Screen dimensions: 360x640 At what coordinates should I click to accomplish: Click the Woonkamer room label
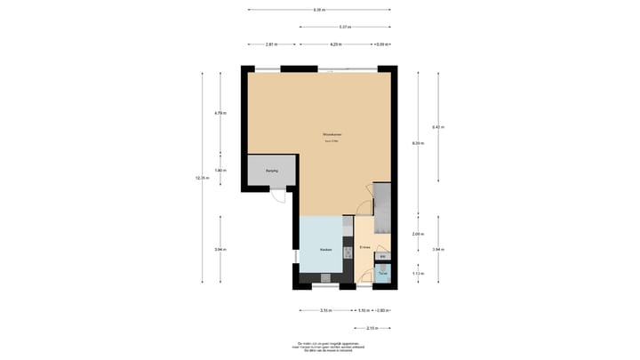(x=332, y=135)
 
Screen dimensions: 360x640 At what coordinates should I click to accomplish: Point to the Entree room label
(x=364, y=246)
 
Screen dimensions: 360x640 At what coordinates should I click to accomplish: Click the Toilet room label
(x=382, y=272)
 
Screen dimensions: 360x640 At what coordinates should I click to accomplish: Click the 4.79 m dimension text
(x=220, y=113)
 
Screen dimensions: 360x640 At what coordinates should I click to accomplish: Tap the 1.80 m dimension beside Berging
(x=220, y=171)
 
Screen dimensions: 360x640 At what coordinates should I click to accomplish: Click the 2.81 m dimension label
(x=271, y=44)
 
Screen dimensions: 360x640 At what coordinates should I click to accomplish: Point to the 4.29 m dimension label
(x=336, y=44)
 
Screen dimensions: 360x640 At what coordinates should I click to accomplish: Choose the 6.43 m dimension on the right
(x=438, y=127)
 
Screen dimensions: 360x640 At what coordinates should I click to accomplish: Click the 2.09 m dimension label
(x=418, y=233)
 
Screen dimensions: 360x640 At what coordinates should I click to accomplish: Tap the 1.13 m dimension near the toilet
(x=418, y=274)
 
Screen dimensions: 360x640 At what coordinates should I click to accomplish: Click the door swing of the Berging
(x=278, y=196)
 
